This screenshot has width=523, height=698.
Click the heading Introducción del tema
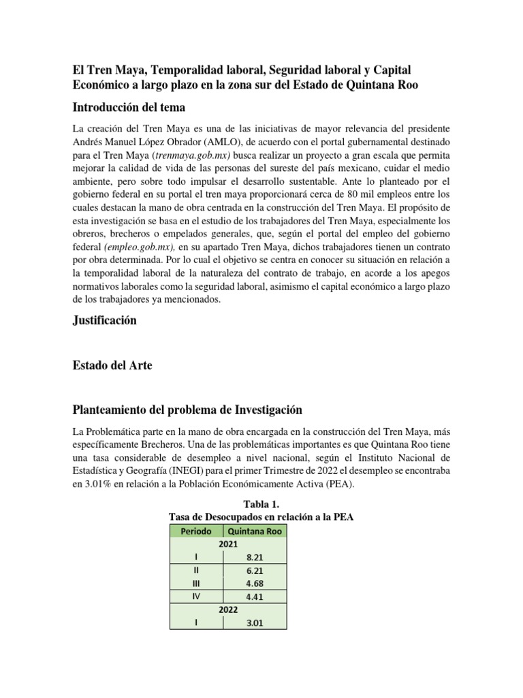[129, 108]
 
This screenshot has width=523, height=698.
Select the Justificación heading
[105, 320]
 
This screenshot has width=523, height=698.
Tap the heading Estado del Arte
[112, 365]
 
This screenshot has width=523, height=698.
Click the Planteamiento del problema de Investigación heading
[187, 410]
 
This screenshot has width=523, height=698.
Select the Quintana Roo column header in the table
[255, 531]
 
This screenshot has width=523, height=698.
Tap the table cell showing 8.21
[255, 557]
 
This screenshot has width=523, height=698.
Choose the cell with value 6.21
[255, 570]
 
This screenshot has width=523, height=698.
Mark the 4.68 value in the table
[255, 583]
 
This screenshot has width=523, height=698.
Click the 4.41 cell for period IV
[255, 596]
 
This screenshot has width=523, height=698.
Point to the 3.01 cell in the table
[255, 622]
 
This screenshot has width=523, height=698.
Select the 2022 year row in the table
[227, 609]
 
